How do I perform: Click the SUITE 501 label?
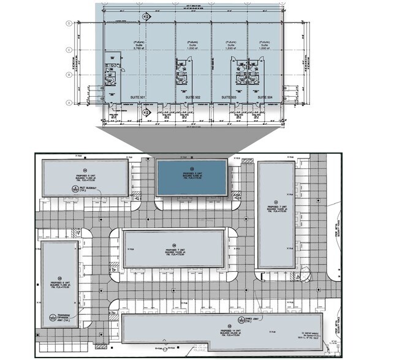[137, 97]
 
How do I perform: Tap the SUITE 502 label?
[193, 97]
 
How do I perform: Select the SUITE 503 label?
[229, 97]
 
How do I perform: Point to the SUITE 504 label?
[265, 97]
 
